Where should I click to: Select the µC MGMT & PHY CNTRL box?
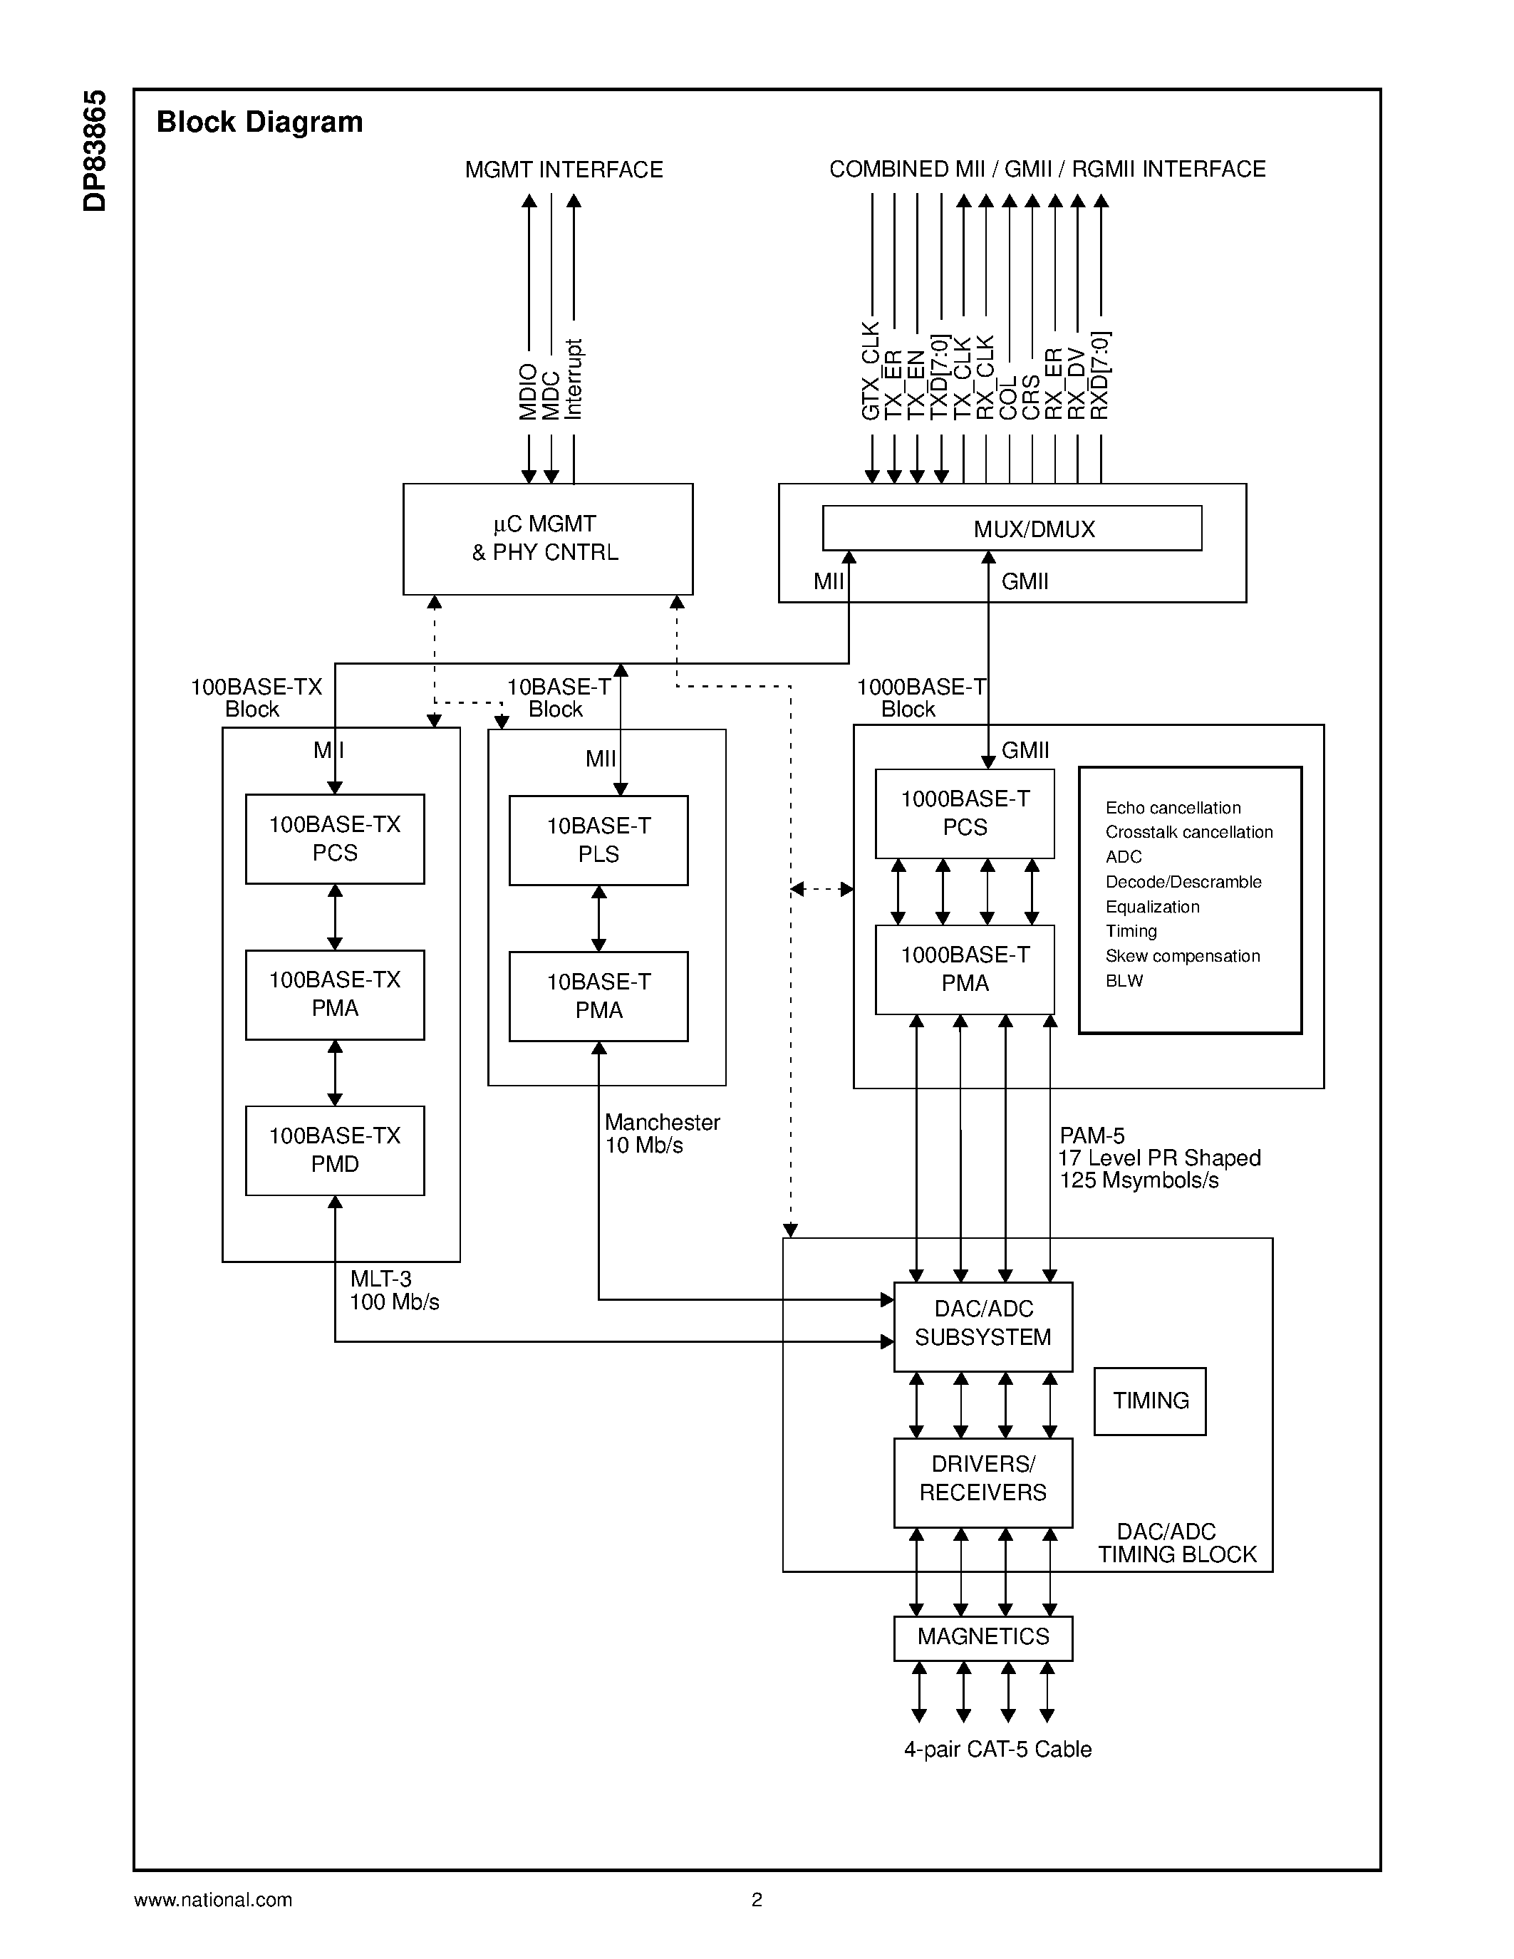pos(547,538)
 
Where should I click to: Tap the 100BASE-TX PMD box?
pos(335,1150)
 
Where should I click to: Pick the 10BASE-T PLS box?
pos(598,840)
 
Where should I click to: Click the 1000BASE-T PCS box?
pos(964,813)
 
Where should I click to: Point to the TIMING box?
pos(1150,1401)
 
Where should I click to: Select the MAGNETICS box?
pos(983,1637)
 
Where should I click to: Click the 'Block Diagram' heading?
pos(259,122)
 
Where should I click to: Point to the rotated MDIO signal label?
pos(528,392)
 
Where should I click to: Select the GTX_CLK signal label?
pos(870,370)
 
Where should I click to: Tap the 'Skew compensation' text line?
pos(1182,956)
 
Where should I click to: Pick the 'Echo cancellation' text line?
pos(1172,809)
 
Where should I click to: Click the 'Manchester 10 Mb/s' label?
pos(661,1134)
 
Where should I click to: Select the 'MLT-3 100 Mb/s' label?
pos(394,1290)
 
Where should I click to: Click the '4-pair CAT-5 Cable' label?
pos(997,1749)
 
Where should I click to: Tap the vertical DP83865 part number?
pos(94,151)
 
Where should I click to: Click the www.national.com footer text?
pos(212,1899)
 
